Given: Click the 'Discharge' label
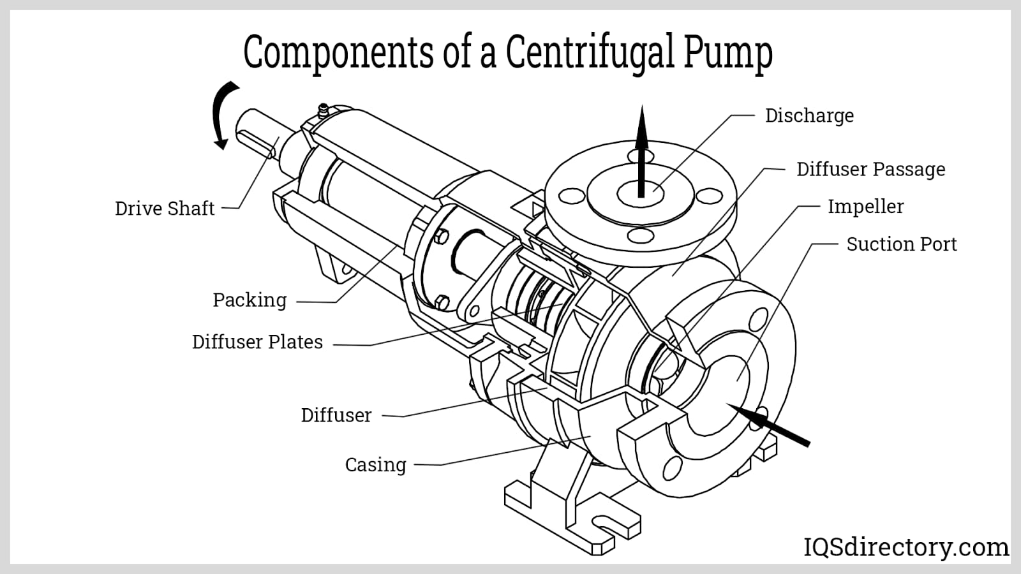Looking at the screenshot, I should click(x=809, y=115).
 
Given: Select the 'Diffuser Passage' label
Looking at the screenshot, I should click(x=870, y=169).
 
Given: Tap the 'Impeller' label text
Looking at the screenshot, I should click(x=865, y=207).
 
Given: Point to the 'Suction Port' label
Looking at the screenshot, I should click(x=901, y=244).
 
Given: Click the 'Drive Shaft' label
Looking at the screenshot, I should click(x=165, y=209).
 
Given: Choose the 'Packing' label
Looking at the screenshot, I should click(x=250, y=300).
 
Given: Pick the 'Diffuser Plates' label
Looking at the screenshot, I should click(x=257, y=342).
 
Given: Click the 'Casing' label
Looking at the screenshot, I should click(x=375, y=464).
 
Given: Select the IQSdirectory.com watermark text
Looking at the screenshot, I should click(x=905, y=547).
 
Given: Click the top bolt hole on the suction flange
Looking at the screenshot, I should click(x=759, y=319).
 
